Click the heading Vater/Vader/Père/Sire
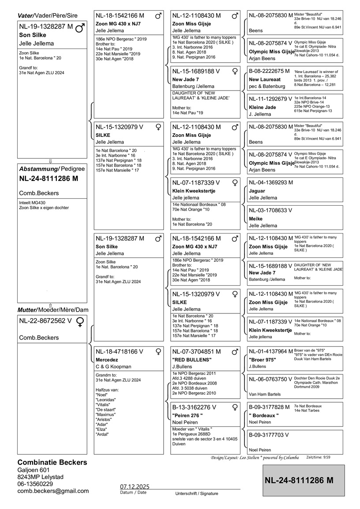pyautogui.click(x=47, y=15)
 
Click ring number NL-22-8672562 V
pyautogui.click(x=45, y=321)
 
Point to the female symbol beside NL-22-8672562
pyautogui.click(x=80, y=322)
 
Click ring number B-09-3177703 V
pyautogui.click(x=269, y=434)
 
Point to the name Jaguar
pyautogui.click(x=257, y=191)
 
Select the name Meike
pyautogui.click(x=256, y=219)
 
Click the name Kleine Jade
pyautogui.click(x=262, y=107)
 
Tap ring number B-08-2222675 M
pyautogui.click(x=269, y=71)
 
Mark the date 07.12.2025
pyautogui.click(x=135, y=486)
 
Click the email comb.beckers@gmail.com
pyautogui.click(x=53, y=490)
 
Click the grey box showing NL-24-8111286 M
pyautogui.click(x=304, y=480)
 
